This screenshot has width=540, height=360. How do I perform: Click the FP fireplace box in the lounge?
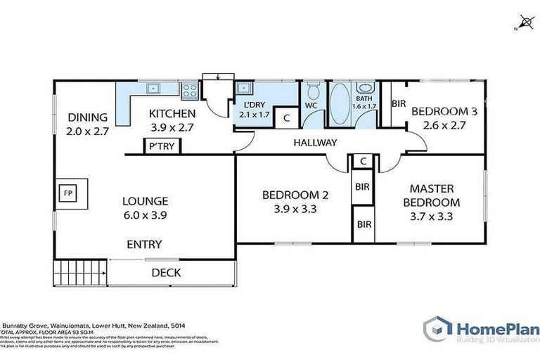(68, 191)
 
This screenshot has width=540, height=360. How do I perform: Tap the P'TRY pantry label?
(155, 147)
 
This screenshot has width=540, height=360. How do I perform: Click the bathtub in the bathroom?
(340, 102)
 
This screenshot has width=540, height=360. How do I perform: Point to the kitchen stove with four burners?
(189, 89)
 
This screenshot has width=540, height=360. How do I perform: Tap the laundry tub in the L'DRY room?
(244, 89)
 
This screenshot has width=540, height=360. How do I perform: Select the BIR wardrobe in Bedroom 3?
(398, 103)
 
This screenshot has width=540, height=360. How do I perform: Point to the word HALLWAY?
(316, 143)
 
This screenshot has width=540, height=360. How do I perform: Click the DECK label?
(166, 273)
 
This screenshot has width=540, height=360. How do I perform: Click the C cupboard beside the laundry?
(286, 118)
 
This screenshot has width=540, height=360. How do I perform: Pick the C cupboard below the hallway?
(362, 162)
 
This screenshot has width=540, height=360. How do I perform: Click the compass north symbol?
(522, 22)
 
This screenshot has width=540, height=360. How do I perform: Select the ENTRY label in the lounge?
(144, 245)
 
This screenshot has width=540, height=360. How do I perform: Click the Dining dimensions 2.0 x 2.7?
(88, 131)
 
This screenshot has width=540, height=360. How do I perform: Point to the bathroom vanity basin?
(365, 89)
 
